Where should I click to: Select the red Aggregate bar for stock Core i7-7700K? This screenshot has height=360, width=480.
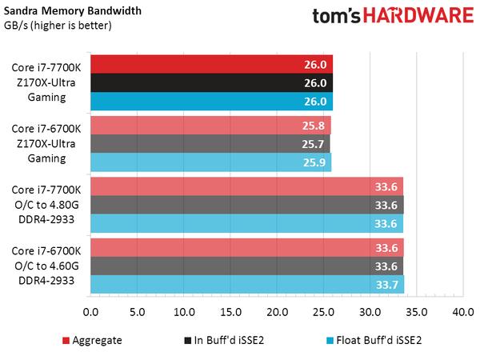pos(211,64)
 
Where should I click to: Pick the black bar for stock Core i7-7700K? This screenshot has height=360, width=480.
pos(211,82)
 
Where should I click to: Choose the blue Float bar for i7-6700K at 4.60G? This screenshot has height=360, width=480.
pos(246,285)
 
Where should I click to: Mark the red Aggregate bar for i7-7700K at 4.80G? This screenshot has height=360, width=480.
pos(246,187)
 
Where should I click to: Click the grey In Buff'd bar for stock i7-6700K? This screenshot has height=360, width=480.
pos(210,143)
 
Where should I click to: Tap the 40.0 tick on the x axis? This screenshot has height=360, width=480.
pos(462,311)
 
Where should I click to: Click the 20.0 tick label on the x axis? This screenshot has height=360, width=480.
pos(277,311)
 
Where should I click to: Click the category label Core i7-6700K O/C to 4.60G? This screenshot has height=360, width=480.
pos(46,266)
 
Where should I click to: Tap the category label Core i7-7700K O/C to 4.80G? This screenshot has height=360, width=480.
pos(46,205)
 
